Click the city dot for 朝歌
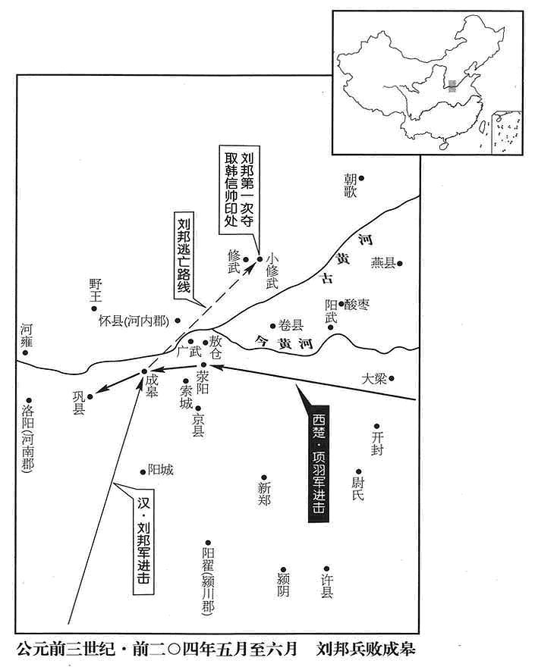pyautogui.click(x=361, y=178)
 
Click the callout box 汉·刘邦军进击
pyautogui.click(x=144, y=542)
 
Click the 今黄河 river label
pyautogui.click(x=284, y=343)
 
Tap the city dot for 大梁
pyautogui.click(x=391, y=378)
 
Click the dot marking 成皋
pyautogui.click(x=144, y=371)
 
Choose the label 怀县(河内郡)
pyautogui.click(x=134, y=321)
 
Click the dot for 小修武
pyautogui.click(x=260, y=259)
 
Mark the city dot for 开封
pyautogui.click(x=376, y=426)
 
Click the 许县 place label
pyautogui.click(x=327, y=586)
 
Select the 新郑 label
pyautogui.click(x=264, y=494)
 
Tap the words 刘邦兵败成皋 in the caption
pyautogui.click(x=366, y=649)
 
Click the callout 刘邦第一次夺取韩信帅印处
pyautogui.click(x=239, y=189)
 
